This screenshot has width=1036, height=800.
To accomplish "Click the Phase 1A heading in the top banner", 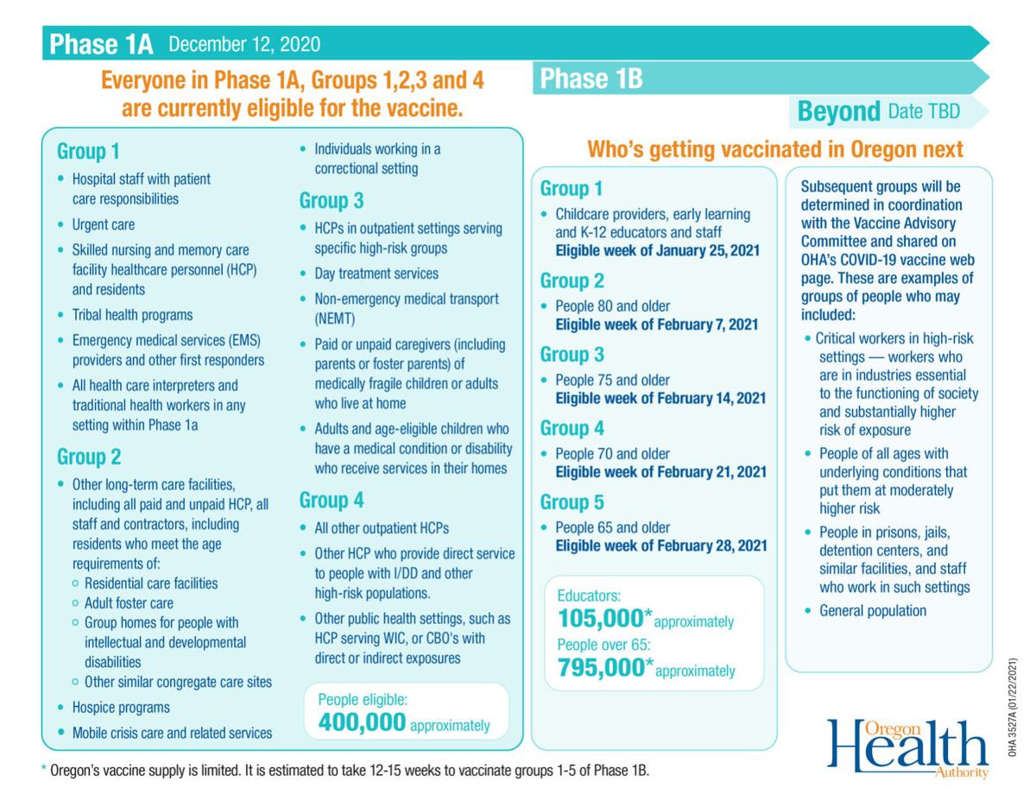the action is [x=101, y=44].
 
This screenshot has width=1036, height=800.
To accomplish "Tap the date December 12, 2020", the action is [x=244, y=44].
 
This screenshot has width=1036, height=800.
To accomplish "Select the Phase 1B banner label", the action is [x=591, y=79].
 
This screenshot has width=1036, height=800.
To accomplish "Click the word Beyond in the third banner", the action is [x=838, y=111].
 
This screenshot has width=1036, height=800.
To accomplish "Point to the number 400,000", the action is [x=362, y=721].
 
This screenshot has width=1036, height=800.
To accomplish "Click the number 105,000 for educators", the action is [x=601, y=619].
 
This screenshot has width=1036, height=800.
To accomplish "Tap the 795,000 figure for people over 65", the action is [x=601, y=667].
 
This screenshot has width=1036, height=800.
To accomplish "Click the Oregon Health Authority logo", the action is [x=906, y=748].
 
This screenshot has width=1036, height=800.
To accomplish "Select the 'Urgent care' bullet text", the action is [x=104, y=224].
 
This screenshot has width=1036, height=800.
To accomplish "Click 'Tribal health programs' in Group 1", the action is [x=133, y=315].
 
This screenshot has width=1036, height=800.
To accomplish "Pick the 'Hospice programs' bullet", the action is [x=121, y=708].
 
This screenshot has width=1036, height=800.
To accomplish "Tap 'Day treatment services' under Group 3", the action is [x=376, y=274].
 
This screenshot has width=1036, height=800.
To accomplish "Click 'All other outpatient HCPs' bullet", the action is [x=382, y=528].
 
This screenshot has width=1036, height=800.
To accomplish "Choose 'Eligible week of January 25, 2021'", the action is [x=658, y=250].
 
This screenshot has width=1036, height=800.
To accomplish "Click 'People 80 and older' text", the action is [x=613, y=306].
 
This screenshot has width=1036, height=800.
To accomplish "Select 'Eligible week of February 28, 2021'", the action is [x=661, y=545].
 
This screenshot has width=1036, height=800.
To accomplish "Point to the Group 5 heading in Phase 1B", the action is [x=572, y=502].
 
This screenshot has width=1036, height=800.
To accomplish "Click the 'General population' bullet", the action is [x=873, y=611].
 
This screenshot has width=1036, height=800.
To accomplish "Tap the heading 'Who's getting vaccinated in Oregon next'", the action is [x=775, y=149].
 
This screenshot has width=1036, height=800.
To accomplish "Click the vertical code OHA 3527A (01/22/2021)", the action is [x=1012, y=707].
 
